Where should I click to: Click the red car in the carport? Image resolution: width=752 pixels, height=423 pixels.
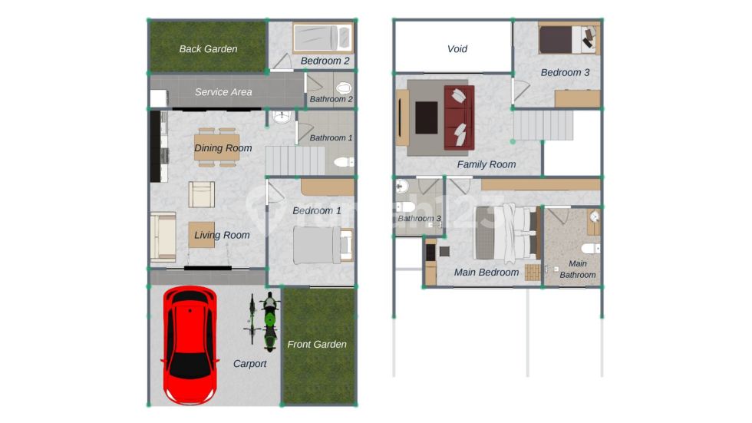(190, 345)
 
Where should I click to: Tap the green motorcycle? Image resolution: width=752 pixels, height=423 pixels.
(270, 322)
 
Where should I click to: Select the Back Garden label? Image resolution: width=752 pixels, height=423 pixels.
(208, 49)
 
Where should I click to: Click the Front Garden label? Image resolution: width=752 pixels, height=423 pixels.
(316, 345)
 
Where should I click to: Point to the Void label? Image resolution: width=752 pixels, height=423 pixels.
(457, 49)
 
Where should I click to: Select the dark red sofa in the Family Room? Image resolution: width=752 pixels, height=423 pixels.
(459, 117)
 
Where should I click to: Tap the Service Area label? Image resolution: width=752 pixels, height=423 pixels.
(223, 92)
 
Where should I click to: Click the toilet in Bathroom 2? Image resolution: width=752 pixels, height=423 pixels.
(344, 88)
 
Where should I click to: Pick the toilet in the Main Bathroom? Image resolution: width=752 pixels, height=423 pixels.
(590, 249)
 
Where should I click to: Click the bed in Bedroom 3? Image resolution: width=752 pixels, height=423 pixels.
(569, 38)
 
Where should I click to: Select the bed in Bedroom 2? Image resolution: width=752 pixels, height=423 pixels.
(323, 38)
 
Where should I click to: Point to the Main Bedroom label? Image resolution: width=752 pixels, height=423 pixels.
(486, 273)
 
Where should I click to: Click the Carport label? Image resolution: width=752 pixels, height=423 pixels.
(250, 364)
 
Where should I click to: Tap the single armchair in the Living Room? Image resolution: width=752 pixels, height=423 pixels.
(201, 194)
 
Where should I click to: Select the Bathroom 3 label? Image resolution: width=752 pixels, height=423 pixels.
(419, 219)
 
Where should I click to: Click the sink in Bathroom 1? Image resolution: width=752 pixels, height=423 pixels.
(282, 117)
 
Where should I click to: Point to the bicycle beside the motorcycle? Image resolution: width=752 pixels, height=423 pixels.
(252, 319)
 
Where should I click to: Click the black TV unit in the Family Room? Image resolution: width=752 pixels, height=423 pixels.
(427, 117)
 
